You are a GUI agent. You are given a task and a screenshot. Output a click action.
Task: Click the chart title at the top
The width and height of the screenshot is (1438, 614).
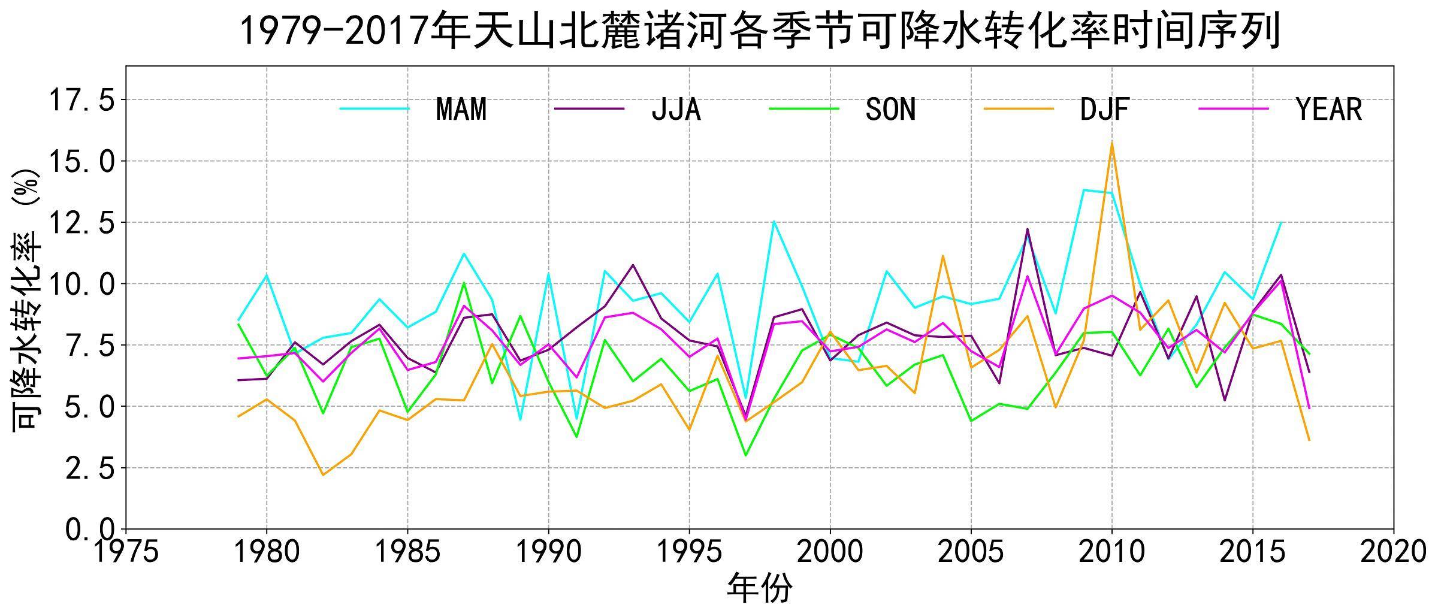760,31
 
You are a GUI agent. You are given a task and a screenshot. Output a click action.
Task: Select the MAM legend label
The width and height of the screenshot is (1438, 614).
461,109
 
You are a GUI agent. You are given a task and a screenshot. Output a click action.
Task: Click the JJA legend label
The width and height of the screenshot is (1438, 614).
676,109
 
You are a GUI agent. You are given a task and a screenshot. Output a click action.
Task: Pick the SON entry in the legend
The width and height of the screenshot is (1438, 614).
890,109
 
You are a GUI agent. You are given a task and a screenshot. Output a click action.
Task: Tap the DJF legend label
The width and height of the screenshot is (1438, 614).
1105,109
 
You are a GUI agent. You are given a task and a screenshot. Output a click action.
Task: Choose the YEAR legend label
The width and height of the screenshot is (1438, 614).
1329,109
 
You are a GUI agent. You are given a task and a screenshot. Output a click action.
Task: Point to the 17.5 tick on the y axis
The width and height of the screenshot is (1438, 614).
81,100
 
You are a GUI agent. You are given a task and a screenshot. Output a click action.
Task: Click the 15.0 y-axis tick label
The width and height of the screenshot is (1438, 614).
81,161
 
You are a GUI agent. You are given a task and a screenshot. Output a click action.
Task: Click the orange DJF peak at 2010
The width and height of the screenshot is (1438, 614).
1112,143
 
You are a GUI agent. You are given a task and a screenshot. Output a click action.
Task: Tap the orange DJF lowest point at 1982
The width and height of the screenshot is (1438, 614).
323,475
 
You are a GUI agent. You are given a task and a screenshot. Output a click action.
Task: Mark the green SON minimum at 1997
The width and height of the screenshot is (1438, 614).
745,455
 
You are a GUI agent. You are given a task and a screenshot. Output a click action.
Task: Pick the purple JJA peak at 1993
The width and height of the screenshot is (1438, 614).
633,265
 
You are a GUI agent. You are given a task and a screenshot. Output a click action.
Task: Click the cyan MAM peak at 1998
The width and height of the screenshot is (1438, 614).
774,222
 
